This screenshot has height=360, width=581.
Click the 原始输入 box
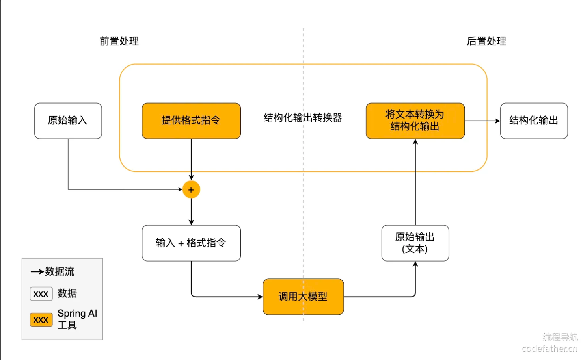pyautogui.click(x=68, y=121)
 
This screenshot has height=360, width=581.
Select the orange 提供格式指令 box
pyautogui.click(x=191, y=121)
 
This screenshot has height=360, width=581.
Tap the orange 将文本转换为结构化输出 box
pyautogui.click(x=415, y=121)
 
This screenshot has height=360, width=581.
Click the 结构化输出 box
pyautogui.click(x=534, y=121)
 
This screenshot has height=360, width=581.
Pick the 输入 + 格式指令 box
pyautogui.click(x=191, y=243)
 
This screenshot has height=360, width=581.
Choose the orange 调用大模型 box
pyautogui.click(x=303, y=297)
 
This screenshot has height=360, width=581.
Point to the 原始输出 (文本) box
pyautogui.click(x=415, y=243)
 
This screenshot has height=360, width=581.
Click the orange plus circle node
pyautogui.click(x=191, y=189)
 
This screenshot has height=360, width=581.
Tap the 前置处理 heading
pyautogui.click(x=119, y=41)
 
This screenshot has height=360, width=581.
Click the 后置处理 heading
pyautogui.click(x=486, y=41)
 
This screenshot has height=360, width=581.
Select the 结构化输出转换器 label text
pyautogui.click(x=303, y=118)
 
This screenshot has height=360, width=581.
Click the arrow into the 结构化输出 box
pyautogui.click(x=482, y=121)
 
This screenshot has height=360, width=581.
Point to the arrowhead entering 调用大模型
pyautogui.click(x=260, y=297)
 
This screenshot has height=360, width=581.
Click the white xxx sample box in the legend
pyautogui.click(x=41, y=294)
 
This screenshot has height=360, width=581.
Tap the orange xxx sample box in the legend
pyautogui.click(x=41, y=319)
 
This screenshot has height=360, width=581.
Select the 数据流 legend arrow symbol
pyautogui.click(x=37, y=272)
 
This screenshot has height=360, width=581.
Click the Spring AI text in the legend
pyautogui.click(x=77, y=314)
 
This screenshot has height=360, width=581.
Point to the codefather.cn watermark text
pyautogui.click(x=549, y=348)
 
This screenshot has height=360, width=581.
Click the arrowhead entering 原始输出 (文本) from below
pyautogui.click(x=415, y=264)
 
